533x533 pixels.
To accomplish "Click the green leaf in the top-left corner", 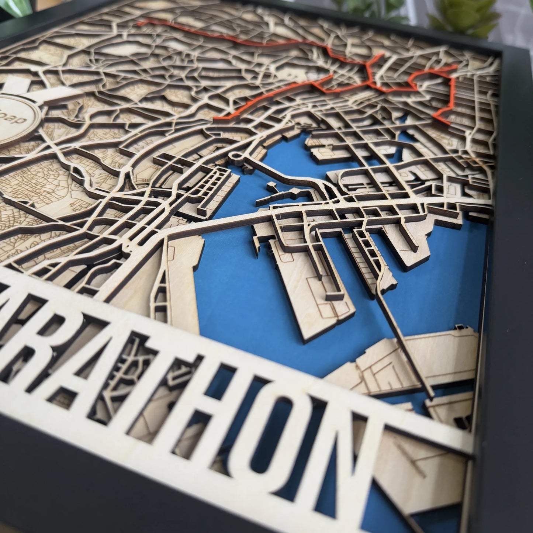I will [11, 7].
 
